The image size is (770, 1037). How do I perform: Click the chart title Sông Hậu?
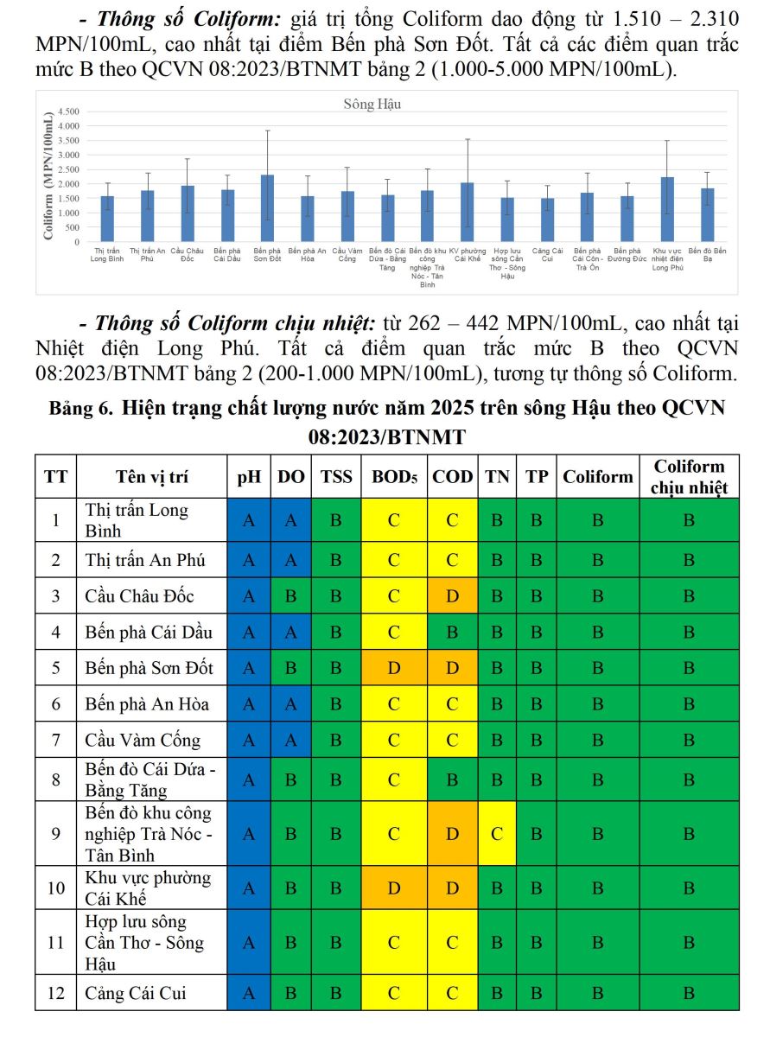point(372,105)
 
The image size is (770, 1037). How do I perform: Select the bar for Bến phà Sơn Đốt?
point(267,208)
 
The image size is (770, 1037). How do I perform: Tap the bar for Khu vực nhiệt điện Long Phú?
point(666,210)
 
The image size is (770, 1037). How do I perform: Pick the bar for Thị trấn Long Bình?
point(107,219)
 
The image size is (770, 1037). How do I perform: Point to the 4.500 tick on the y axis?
point(68,111)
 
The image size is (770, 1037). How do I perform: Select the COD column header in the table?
point(452,476)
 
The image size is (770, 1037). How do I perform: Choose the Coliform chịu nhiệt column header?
point(689,476)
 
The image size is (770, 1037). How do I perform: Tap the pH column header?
point(249,476)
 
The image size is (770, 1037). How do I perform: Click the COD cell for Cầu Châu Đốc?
point(452,596)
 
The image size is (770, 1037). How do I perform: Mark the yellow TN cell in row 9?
point(496,834)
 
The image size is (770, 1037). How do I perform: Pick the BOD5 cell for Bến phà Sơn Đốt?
point(394,668)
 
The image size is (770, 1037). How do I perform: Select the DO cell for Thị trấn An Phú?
point(291,560)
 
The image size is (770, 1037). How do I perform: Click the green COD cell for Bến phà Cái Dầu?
point(452,632)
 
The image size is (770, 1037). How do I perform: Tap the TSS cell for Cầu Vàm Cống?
point(336,740)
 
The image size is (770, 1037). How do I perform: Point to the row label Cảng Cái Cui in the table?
point(135,993)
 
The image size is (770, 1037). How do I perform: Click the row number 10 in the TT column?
point(56,887)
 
